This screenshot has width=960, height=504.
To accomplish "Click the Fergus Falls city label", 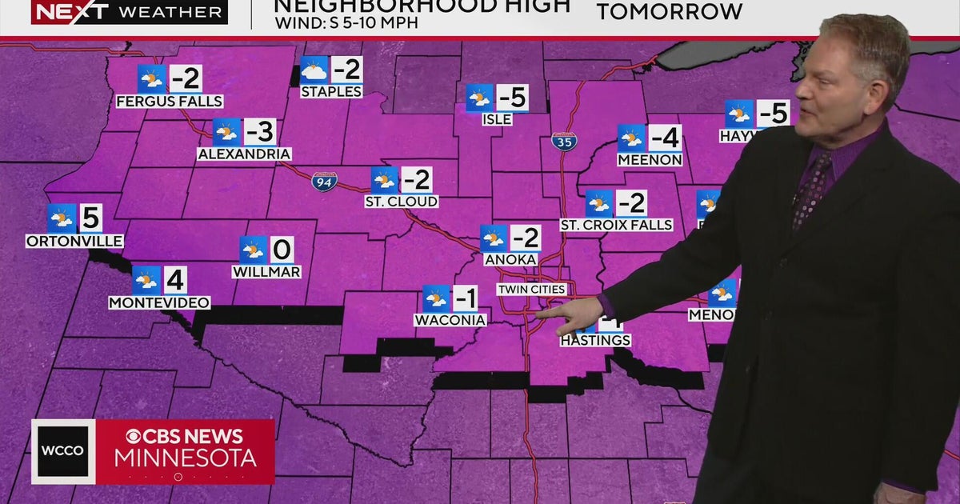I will click(x=170, y=102).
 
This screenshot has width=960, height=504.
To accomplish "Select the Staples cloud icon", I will click(x=314, y=70).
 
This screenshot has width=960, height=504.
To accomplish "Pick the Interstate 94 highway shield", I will click(x=325, y=181).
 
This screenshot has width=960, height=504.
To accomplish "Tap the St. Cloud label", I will click(x=402, y=201).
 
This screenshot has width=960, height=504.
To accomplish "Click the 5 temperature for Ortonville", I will click(x=90, y=218).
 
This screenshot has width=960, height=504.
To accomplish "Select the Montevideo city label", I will click(x=160, y=302).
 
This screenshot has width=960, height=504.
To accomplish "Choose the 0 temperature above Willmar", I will click(x=282, y=250).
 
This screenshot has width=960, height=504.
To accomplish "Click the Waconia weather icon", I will click(x=437, y=298).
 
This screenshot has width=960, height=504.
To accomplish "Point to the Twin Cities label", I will click(x=531, y=289).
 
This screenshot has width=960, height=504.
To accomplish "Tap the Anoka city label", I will click(x=506, y=259).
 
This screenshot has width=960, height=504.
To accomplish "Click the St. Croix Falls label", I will click(x=616, y=225).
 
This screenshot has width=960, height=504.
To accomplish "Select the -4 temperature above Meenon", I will click(x=664, y=138).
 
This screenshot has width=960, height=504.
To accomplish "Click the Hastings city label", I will click(x=595, y=340).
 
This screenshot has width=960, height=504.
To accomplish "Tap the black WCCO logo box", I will click(x=63, y=451).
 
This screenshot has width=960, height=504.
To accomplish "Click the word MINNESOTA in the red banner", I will click(x=186, y=458).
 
